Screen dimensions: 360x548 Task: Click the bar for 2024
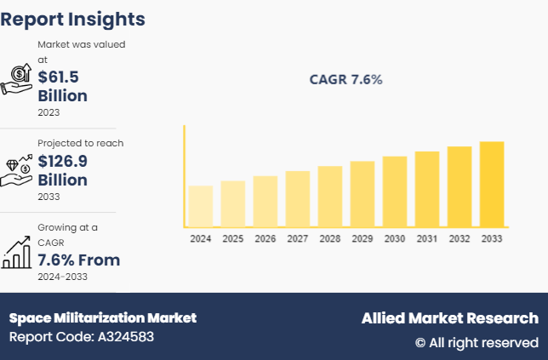pos(200,206)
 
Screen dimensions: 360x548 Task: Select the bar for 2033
pos(492,184)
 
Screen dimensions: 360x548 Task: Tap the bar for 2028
pos(330,196)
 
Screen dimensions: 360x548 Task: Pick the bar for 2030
pos(395,191)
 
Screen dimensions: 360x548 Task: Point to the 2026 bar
pos(265,201)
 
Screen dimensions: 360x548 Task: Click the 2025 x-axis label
pos(233,239)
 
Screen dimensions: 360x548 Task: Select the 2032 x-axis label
pos(460,239)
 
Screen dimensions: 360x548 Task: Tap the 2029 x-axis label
pos(362,239)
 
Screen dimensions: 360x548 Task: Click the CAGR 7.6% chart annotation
pos(345,80)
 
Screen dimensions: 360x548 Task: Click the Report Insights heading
pos(72,19)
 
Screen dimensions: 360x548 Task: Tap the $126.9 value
pos(63,161)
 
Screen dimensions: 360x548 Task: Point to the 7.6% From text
pos(78,260)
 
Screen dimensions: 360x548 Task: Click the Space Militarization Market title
pos(103,317)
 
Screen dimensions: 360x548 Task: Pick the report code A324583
pos(82,337)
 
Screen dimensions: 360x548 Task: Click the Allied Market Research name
pos(449,318)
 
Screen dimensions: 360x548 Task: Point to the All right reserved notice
pos(477,342)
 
